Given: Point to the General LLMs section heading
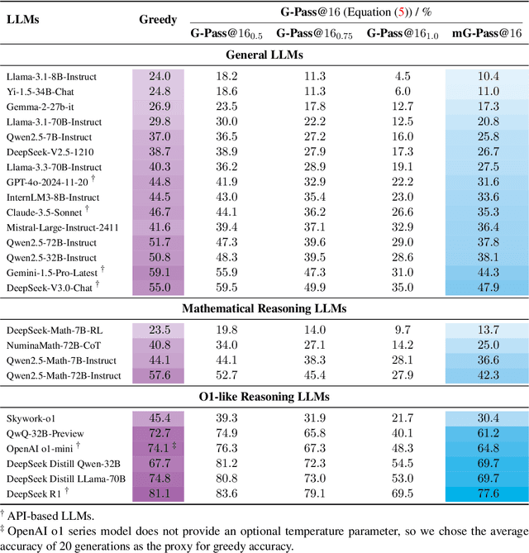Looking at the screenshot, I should [264, 55].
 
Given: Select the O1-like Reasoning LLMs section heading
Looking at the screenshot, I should [264, 397].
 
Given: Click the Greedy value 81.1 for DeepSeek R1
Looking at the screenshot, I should [160, 493].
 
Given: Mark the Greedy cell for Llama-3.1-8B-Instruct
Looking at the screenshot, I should [160, 76].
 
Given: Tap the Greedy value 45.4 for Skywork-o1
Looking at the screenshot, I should [160, 417].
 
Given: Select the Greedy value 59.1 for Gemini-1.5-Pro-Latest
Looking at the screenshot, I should [160, 273].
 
